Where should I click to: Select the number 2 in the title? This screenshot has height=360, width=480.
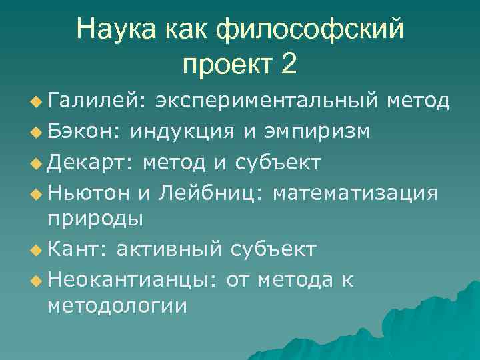pyautogui.click(x=287, y=64)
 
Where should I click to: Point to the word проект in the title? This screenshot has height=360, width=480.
pyautogui.click(x=226, y=64)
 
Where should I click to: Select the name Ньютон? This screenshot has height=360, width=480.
pyautogui.click(x=89, y=193)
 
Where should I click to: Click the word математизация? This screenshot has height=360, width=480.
pyautogui.click(x=355, y=193)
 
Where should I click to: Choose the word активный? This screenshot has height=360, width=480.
pyautogui.click(x=169, y=249)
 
